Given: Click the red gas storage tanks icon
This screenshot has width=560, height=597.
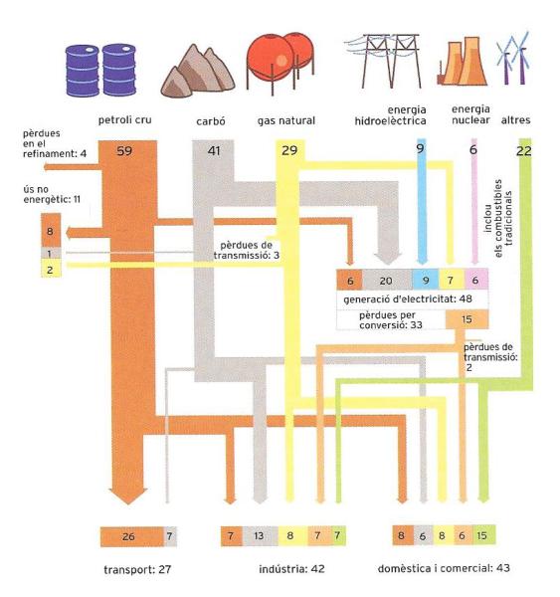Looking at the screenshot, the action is pos(280,63).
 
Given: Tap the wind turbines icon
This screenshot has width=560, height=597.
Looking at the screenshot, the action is pos(513,59).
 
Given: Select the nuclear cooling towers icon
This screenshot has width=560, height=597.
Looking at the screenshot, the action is pos(463,61).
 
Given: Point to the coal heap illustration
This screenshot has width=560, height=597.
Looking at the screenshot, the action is pos(198,72).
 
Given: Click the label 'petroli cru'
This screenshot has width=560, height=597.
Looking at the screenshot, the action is pos(125,120).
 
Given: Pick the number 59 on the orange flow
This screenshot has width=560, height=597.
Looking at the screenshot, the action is pos(124,151).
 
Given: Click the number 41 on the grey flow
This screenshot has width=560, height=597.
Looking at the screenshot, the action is pos(214,151).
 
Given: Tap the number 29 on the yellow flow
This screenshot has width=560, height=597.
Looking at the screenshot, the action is pos(289,150).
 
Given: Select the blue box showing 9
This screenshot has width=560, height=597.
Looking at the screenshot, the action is pos(426,281).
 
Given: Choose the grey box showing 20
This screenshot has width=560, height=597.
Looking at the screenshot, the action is pos(387,281).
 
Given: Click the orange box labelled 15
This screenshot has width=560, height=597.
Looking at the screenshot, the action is pos(467,319).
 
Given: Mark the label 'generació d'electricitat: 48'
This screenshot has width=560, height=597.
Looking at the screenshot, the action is pos(408,299).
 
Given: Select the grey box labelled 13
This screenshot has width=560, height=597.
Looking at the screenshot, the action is pos(260,535).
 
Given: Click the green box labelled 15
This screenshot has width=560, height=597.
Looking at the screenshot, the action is pos(483,535).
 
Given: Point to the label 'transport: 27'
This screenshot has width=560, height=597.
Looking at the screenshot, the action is pos(137,570).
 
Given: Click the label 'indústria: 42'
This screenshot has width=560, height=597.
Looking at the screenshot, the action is pos(291,569).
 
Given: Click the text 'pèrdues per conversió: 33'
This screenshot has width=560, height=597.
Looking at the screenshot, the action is pos(391,320).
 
